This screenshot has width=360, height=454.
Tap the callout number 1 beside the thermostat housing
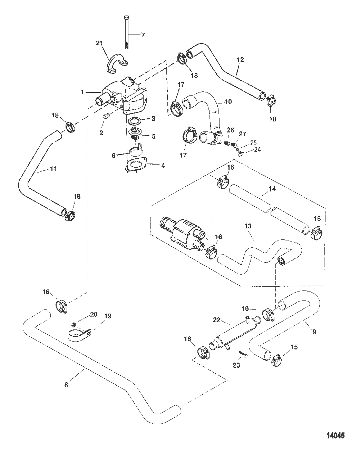82,92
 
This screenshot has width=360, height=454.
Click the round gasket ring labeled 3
135,121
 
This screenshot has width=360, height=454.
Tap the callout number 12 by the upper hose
240,59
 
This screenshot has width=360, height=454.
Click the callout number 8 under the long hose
66,384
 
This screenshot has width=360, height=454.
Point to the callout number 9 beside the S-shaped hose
314,332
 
